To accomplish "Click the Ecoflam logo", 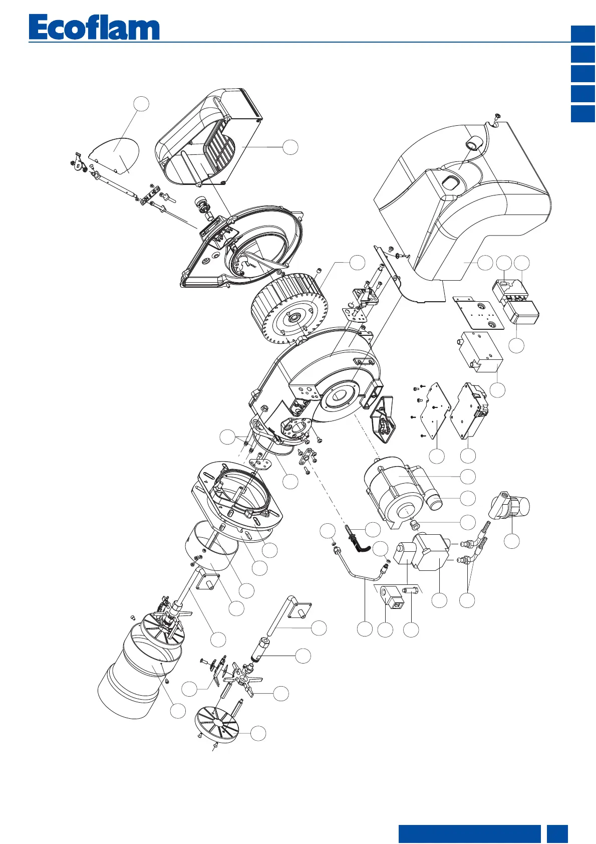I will (94, 28).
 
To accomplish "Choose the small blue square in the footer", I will (557, 834).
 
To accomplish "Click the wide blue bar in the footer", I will (469, 834).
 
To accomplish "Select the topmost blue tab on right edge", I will (583, 34).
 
